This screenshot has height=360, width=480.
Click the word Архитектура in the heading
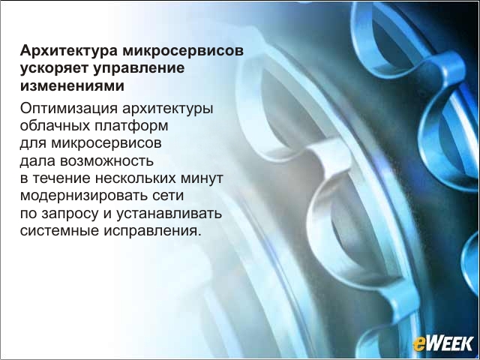pos(69,51)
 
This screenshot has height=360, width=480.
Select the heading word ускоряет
pos(55,68)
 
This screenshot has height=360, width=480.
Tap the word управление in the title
pos(139,68)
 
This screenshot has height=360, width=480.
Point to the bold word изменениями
pos(72,85)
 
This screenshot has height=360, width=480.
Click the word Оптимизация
pos(69,108)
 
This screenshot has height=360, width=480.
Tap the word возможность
pos(106,160)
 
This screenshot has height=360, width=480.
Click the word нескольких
pos(136,178)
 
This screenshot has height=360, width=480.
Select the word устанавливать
pos(169,213)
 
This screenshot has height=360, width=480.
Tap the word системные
pos(59,230)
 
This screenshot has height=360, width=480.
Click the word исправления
pos(152,230)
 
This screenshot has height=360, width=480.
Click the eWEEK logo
pos(443,343)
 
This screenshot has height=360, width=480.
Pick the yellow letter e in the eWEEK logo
pos(419,345)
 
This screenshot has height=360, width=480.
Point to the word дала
pos(38,160)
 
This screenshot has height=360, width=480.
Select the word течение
pos(61,178)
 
